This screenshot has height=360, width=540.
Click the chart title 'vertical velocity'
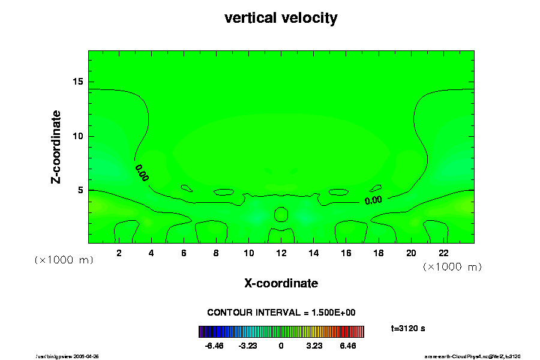tap(281, 18)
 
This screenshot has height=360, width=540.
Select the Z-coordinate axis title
tap(56, 146)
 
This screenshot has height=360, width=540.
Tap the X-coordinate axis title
tap(281, 283)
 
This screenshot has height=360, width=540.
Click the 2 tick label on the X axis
tap(119, 253)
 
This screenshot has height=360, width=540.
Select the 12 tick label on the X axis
tap(281, 253)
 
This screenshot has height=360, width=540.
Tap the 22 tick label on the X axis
tap(443, 253)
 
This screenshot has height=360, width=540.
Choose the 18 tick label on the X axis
tap(379, 253)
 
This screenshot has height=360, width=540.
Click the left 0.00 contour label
tap(142, 173)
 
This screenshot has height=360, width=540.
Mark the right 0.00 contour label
tap(373, 200)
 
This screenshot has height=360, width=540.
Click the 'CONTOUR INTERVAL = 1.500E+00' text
tap(281, 313)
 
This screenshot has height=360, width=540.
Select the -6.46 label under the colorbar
tap(214, 346)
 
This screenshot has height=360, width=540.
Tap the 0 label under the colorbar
tap(281, 346)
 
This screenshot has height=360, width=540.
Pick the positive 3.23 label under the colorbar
tap(314, 346)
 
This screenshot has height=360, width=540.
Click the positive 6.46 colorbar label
tap(347, 346)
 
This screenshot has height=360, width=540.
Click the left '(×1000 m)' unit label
tap(63, 260)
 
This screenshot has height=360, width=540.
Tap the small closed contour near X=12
tap(281, 214)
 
